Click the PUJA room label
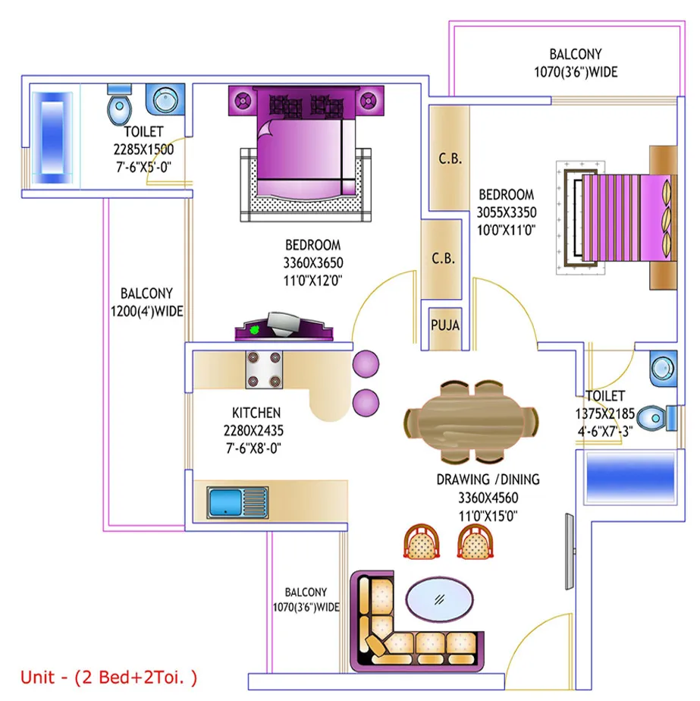pos(445,325)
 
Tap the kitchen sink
pos(238,502)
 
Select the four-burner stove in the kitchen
pos(264,369)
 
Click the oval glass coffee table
pos(439,599)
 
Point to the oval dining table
pos(471,421)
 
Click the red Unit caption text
pos(108,677)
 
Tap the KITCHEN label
pos(256,412)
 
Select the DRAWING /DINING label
pos(488,479)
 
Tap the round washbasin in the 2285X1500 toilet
pos(165,99)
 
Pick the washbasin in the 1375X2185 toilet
pos(663,369)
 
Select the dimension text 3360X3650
pos(313,262)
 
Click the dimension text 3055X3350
pos(507,212)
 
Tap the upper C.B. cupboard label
pos(450,159)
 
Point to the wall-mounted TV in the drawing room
pos(570,552)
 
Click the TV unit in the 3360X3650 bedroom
pos(284,327)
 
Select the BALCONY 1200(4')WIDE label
pos(146,302)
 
